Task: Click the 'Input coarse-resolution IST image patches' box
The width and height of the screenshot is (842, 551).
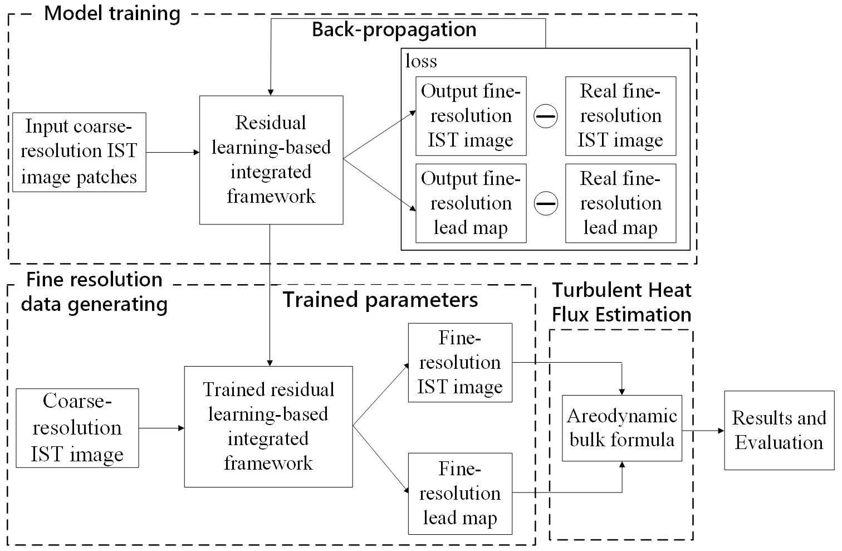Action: [x=79, y=152]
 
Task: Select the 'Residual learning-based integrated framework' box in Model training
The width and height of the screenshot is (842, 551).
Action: [x=271, y=160]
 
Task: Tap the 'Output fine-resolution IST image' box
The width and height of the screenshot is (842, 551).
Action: [x=471, y=116]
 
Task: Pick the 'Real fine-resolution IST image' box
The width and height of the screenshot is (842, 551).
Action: [x=620, y=116]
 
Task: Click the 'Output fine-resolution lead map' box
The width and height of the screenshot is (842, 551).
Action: [x=471, y=203]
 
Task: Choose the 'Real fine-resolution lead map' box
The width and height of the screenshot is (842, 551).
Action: [x=620, y=203]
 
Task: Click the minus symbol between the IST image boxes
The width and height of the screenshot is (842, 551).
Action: [x=546, y=116]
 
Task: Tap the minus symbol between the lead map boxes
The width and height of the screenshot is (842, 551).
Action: [x=546, y=204]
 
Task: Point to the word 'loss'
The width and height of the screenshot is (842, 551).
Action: [x=421, y=61]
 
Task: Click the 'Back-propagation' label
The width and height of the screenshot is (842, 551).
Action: [x=394, y=30]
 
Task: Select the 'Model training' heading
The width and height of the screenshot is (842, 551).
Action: [x=112, y=13]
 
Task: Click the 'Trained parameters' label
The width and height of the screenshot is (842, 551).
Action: [x=380, y=300]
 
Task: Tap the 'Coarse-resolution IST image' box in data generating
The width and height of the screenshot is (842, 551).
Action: [x=77, y=428]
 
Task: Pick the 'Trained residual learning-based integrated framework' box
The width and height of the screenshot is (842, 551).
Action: [x=268, y=426]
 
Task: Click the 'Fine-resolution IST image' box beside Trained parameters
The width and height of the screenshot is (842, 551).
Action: [x=460, y=363]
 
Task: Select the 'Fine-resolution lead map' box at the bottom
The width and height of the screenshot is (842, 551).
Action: [x=460, y=494]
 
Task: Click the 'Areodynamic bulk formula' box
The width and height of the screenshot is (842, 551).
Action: [x=621, y=428]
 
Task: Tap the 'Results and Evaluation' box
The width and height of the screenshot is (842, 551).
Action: [x=779, y=430]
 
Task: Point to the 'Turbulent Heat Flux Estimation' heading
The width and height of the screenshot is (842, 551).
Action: [x=621, y=303]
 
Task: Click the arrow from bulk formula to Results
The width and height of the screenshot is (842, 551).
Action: [x=703, y=430]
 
